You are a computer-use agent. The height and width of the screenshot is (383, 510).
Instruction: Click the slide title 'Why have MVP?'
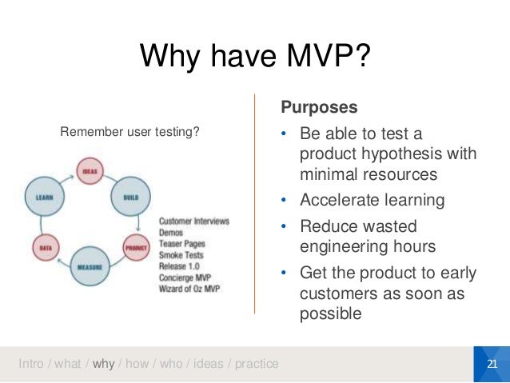tap(255, 58)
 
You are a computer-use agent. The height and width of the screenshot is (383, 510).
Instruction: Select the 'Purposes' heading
tap(319, 107)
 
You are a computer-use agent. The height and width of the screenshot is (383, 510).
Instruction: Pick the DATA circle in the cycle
tap(46, 249)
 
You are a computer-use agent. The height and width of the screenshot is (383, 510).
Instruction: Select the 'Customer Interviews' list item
tap(194, 221)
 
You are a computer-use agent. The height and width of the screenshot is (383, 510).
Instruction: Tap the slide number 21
tap(492, 365)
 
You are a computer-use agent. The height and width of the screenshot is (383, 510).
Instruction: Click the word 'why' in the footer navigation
tap(104, 365)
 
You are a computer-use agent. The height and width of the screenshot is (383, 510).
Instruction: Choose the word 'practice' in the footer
tap(253, 365)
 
